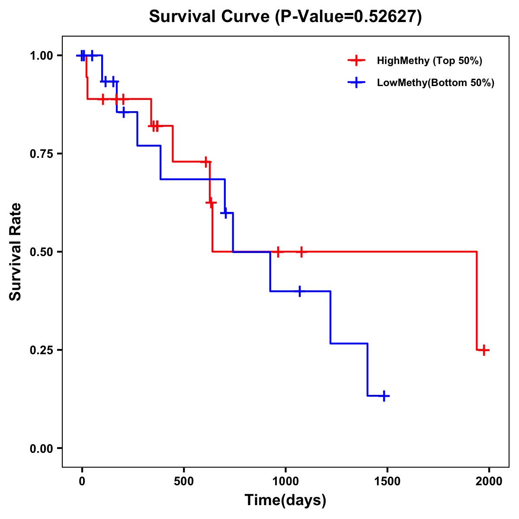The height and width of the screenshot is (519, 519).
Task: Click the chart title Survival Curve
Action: (x=285, y=17)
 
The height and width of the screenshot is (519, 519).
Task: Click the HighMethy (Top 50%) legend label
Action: (x=429, y=61)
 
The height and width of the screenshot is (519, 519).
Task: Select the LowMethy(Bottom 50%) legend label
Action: (x=435, y=83)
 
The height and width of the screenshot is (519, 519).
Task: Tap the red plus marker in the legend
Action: (x=356, y=61)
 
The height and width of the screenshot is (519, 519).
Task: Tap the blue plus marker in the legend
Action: (x=356, y=83)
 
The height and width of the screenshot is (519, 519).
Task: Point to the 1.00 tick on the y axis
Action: (x=42, y=56)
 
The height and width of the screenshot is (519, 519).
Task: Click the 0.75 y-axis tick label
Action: (x=42, y=154)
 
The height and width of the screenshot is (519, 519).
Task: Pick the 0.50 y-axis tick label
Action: (x=42, y=252)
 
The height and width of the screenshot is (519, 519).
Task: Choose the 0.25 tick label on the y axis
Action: (x=42, y=350)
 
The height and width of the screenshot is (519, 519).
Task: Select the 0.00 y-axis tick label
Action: (x=42, y=449)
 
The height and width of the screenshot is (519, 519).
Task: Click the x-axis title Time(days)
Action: (x=285, y=500)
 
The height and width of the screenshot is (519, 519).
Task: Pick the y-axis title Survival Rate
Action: (x=16, y=252)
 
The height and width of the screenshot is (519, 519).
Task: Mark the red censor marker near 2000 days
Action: (x=484, y=350)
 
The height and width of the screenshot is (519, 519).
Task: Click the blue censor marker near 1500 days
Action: (x=384, y=396)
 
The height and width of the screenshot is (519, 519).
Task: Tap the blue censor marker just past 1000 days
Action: (x=299, y=292)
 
